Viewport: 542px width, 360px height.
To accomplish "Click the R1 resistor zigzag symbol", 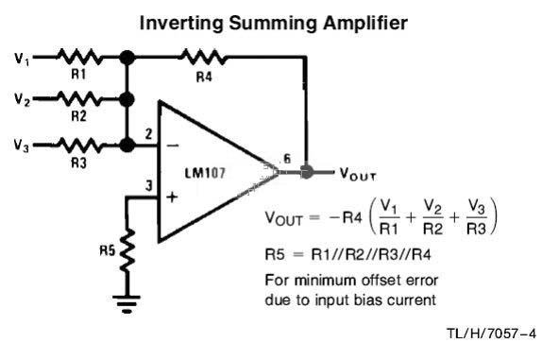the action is point(79,57).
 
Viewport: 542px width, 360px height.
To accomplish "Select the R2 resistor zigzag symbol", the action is point(79,99).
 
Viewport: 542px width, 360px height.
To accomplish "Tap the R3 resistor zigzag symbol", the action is point(79,145).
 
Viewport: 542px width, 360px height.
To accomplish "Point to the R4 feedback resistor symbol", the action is point(204,57).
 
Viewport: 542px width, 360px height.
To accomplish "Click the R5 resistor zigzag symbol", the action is point(127,250).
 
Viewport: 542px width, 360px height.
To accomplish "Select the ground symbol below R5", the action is point(127,303).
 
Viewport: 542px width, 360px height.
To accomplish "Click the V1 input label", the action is point(22,59).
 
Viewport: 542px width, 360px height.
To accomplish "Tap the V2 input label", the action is point(22,99).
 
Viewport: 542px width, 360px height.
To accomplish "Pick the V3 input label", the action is point(21,146).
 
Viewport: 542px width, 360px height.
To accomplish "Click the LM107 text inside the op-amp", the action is point(205,173).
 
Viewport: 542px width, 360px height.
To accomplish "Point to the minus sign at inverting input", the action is point(173,146).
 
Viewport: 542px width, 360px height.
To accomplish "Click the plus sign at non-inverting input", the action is point(172,197).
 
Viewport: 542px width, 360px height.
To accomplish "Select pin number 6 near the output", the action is point(287,159).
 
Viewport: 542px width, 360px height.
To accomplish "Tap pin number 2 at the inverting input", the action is point(148,134).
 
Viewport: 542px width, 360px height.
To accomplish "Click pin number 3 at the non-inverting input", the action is point(148,186).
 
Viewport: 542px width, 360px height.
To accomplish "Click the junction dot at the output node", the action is point(306,172).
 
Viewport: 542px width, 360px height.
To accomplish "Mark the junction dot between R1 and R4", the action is point(127,58).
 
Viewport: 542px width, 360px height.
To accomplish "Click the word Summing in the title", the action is point(273,24).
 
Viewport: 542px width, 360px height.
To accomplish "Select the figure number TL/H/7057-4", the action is point(491,334).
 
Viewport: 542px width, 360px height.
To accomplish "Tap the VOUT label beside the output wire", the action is point(358,174).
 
